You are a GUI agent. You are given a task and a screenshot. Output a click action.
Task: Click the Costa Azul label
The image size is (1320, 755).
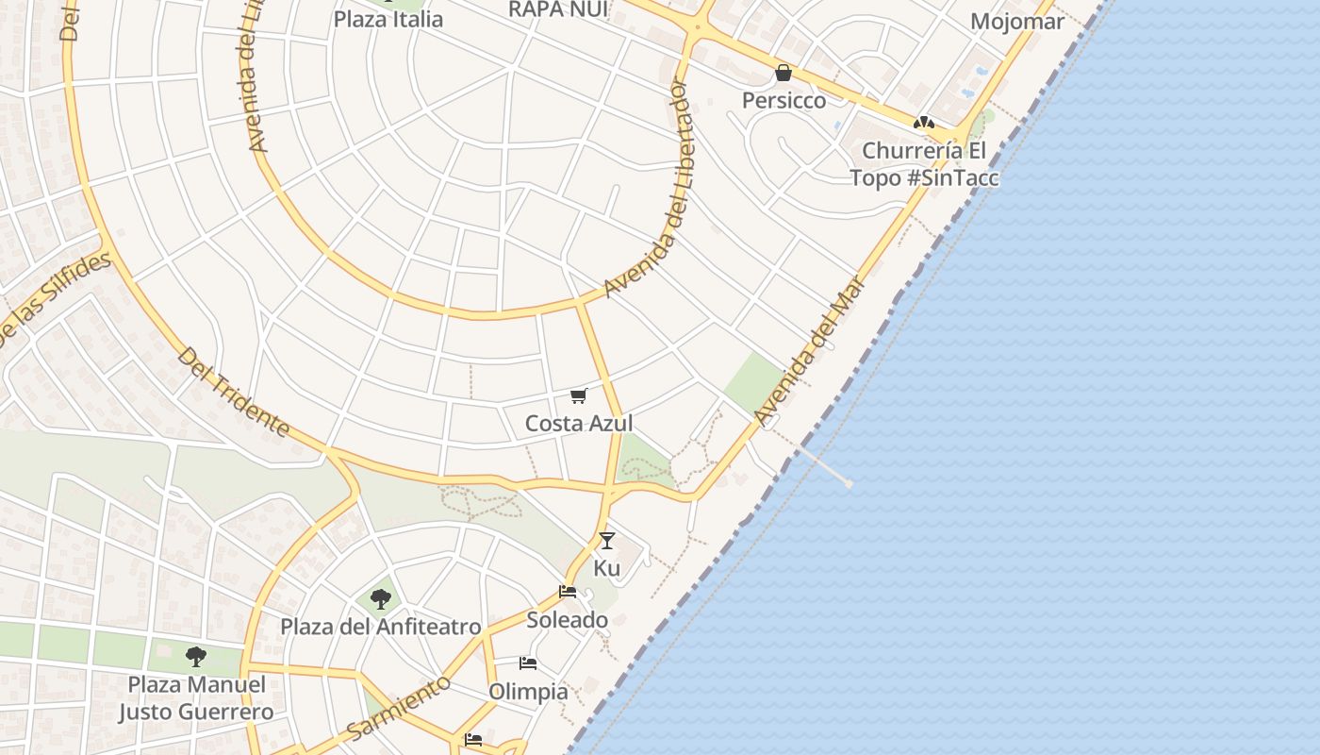pos(579,424)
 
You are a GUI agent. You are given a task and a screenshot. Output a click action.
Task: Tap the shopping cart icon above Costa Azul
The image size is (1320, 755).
pos(579,396)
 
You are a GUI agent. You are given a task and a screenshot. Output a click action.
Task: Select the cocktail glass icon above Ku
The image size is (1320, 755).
pos(607,540)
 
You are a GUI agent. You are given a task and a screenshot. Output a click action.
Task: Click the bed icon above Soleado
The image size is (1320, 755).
pos(568,592)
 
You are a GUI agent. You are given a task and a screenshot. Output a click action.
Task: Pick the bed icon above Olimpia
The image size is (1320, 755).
pos(528,663)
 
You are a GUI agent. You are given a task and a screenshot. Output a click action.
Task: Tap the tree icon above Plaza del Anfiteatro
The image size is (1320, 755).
pos(381,598)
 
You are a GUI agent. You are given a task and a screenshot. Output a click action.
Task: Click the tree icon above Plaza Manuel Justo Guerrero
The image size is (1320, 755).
pos(196,656)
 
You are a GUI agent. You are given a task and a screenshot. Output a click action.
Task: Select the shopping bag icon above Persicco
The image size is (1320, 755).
pos(784,73)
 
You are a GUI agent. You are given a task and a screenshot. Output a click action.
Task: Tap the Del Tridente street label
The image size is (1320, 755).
pos(233,392)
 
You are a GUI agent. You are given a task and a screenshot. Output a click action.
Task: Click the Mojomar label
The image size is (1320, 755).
pos(1017,22)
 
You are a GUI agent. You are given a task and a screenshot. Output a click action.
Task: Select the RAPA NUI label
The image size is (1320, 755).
pos(558,9)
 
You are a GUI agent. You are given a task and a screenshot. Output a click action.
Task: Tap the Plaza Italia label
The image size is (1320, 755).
pos(388,19)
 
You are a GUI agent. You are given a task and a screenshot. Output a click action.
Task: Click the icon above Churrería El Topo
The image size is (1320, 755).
pos(923,122)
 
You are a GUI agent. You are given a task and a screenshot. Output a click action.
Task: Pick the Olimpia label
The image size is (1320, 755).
pos(529,692)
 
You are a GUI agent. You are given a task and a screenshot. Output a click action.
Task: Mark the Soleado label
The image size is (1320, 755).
pos(567,620)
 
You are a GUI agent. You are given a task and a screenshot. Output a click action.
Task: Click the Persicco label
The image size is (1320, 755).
pos(784,100)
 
